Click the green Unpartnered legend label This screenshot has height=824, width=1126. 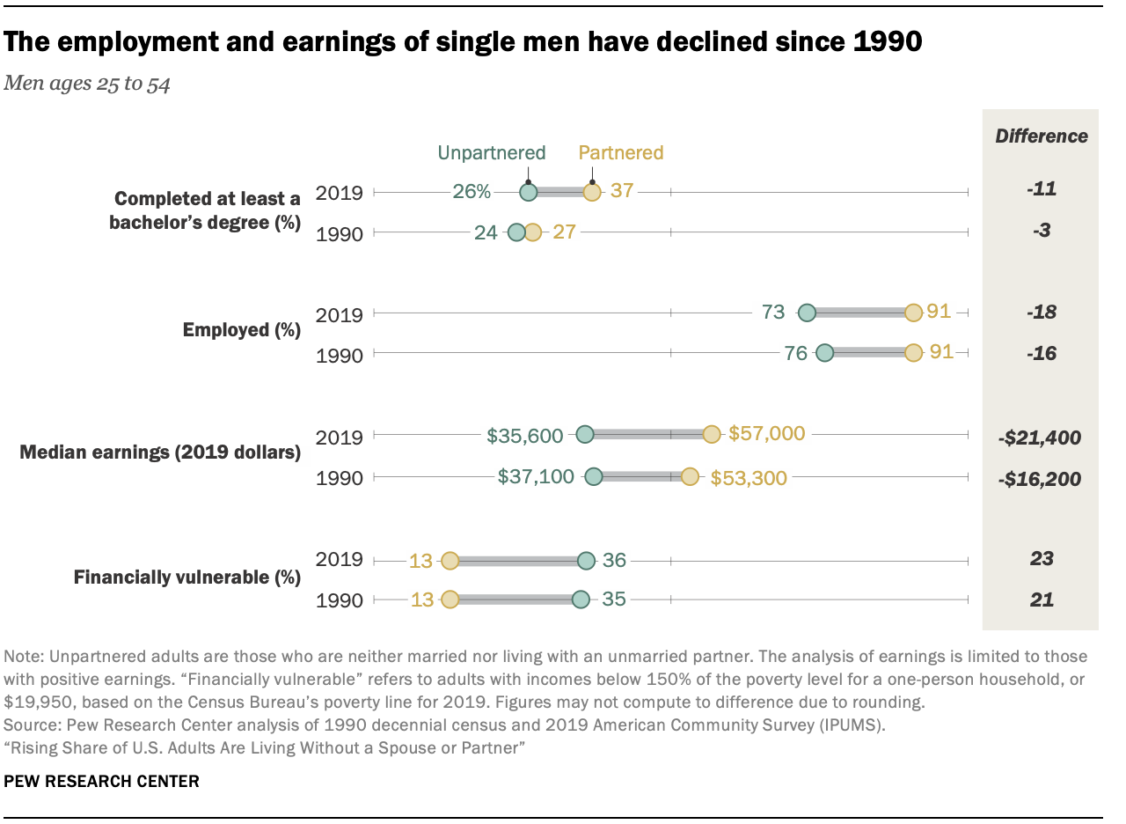[492, 152]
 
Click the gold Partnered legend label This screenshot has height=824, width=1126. [620, 152]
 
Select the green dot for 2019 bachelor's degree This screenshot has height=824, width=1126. [528, 192]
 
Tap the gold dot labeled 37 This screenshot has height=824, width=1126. [592, 192]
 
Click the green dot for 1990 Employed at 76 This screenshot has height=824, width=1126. [824, 353]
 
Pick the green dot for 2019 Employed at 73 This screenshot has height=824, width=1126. [807, 312]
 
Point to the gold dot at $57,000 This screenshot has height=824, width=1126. [712, 434]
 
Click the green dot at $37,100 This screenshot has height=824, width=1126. [594, 476]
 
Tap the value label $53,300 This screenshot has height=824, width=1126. [749, 476]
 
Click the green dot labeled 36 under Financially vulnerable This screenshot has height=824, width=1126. [586, 560]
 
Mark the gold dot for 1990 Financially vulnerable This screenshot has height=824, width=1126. [450, 600]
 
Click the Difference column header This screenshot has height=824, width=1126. [1041, 136]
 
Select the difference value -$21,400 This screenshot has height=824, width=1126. [1040, 437]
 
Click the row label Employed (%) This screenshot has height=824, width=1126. [241, 331]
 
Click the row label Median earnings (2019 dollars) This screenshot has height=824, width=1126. [160, 453]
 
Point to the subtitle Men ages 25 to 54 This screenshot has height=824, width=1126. [87, 85]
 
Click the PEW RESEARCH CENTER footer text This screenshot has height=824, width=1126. [101, 781]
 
